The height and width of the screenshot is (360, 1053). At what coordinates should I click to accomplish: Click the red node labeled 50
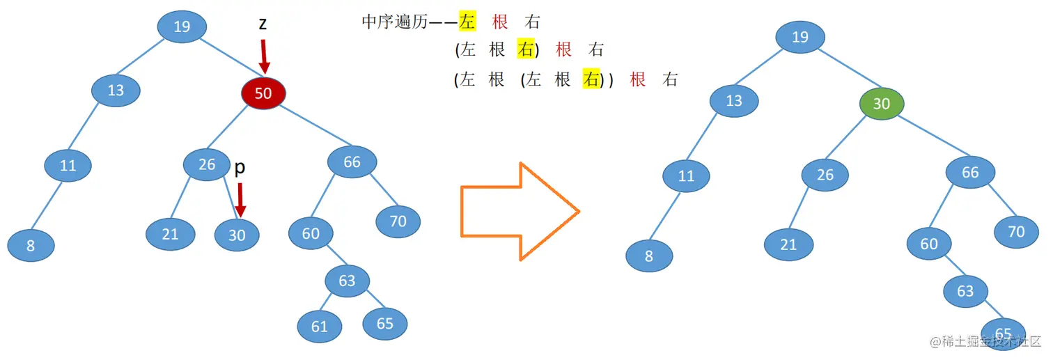point(263,93)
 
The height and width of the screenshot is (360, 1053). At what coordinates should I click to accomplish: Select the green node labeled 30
point(881,104)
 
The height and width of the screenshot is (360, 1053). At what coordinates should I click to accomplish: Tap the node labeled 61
point(320,326)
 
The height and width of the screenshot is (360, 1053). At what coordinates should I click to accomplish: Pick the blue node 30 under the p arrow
point(237,235)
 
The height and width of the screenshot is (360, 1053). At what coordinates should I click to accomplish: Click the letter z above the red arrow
point(263,23)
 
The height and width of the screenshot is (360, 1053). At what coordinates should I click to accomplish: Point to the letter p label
point(240,167)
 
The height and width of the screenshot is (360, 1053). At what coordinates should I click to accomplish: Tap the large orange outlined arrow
point(520,212)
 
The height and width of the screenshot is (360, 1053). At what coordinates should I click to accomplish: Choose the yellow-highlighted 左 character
point(467,22)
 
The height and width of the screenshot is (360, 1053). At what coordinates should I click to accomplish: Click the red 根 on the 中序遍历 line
point(500,22)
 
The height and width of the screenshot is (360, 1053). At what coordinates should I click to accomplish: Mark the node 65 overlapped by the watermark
point(1003,332)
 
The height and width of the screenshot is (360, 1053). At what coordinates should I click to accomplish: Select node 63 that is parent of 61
point(347,281)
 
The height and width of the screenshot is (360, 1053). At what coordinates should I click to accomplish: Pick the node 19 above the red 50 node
point(182,27)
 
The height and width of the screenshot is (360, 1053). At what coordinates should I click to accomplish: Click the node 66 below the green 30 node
point(969,173)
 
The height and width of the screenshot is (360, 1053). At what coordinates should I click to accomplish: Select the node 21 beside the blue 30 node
point(171,234)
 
